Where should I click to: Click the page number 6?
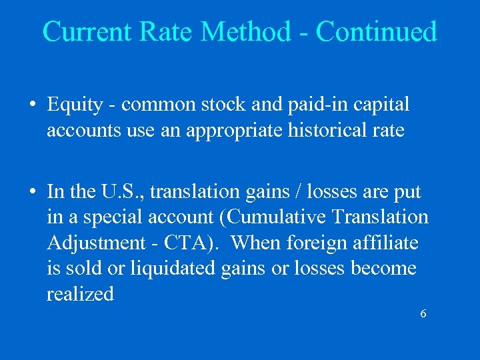tap(423, 313)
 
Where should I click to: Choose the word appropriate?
tap(229, 130)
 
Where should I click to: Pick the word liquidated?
tap(151, 269)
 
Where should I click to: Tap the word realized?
tap(81, 294)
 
